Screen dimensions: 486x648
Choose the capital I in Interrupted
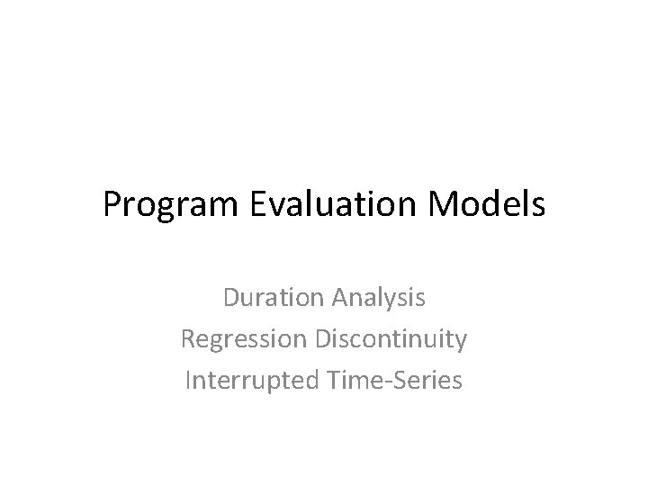pyautogui.click(x=188, y=380)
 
